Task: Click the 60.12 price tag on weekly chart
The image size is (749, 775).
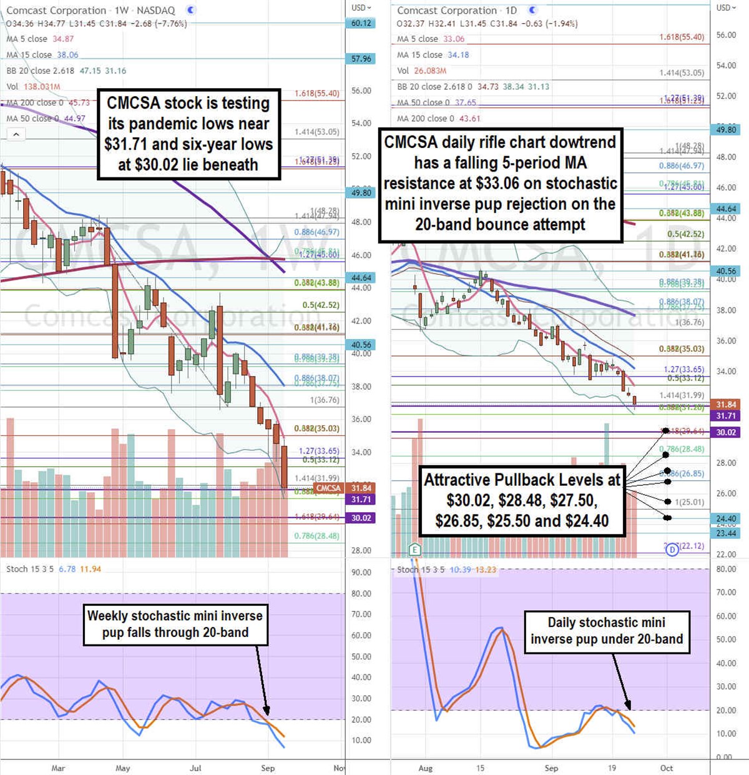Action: (x=361, y=23)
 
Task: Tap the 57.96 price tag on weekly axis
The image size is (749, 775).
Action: (x=361, y=59)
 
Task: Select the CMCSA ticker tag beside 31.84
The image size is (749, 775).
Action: (x=328, y=488)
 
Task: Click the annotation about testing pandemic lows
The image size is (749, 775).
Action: (x=188, y=134)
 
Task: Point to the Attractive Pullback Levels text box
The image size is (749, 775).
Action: (x=522, y=500)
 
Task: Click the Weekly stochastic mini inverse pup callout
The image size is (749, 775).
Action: (x=175, y=624)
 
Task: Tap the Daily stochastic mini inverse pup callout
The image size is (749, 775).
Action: (x=607, y=631)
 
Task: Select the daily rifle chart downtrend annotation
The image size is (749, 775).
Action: (x=500, y=183)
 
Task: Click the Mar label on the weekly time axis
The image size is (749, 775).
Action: (x=58, y=768)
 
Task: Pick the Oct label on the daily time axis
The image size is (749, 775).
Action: (x=667, y=768)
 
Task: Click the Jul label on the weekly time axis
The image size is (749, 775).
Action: (x=195, y=768)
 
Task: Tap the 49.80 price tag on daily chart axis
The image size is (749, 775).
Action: (x=726, y=130)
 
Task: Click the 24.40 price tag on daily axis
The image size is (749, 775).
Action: (x=726, y=519)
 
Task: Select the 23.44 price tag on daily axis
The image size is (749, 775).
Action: (x=726, y=533)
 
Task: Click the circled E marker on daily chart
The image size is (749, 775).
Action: (x=414, y=550)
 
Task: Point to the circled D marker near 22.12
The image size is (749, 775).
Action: (x=672, y=550)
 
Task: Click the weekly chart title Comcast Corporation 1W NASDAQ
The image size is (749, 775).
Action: (x=91, y=11)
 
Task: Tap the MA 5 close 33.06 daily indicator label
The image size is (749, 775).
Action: (x=431, y=39)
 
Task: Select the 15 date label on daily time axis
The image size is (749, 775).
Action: (x=480, y=768)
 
